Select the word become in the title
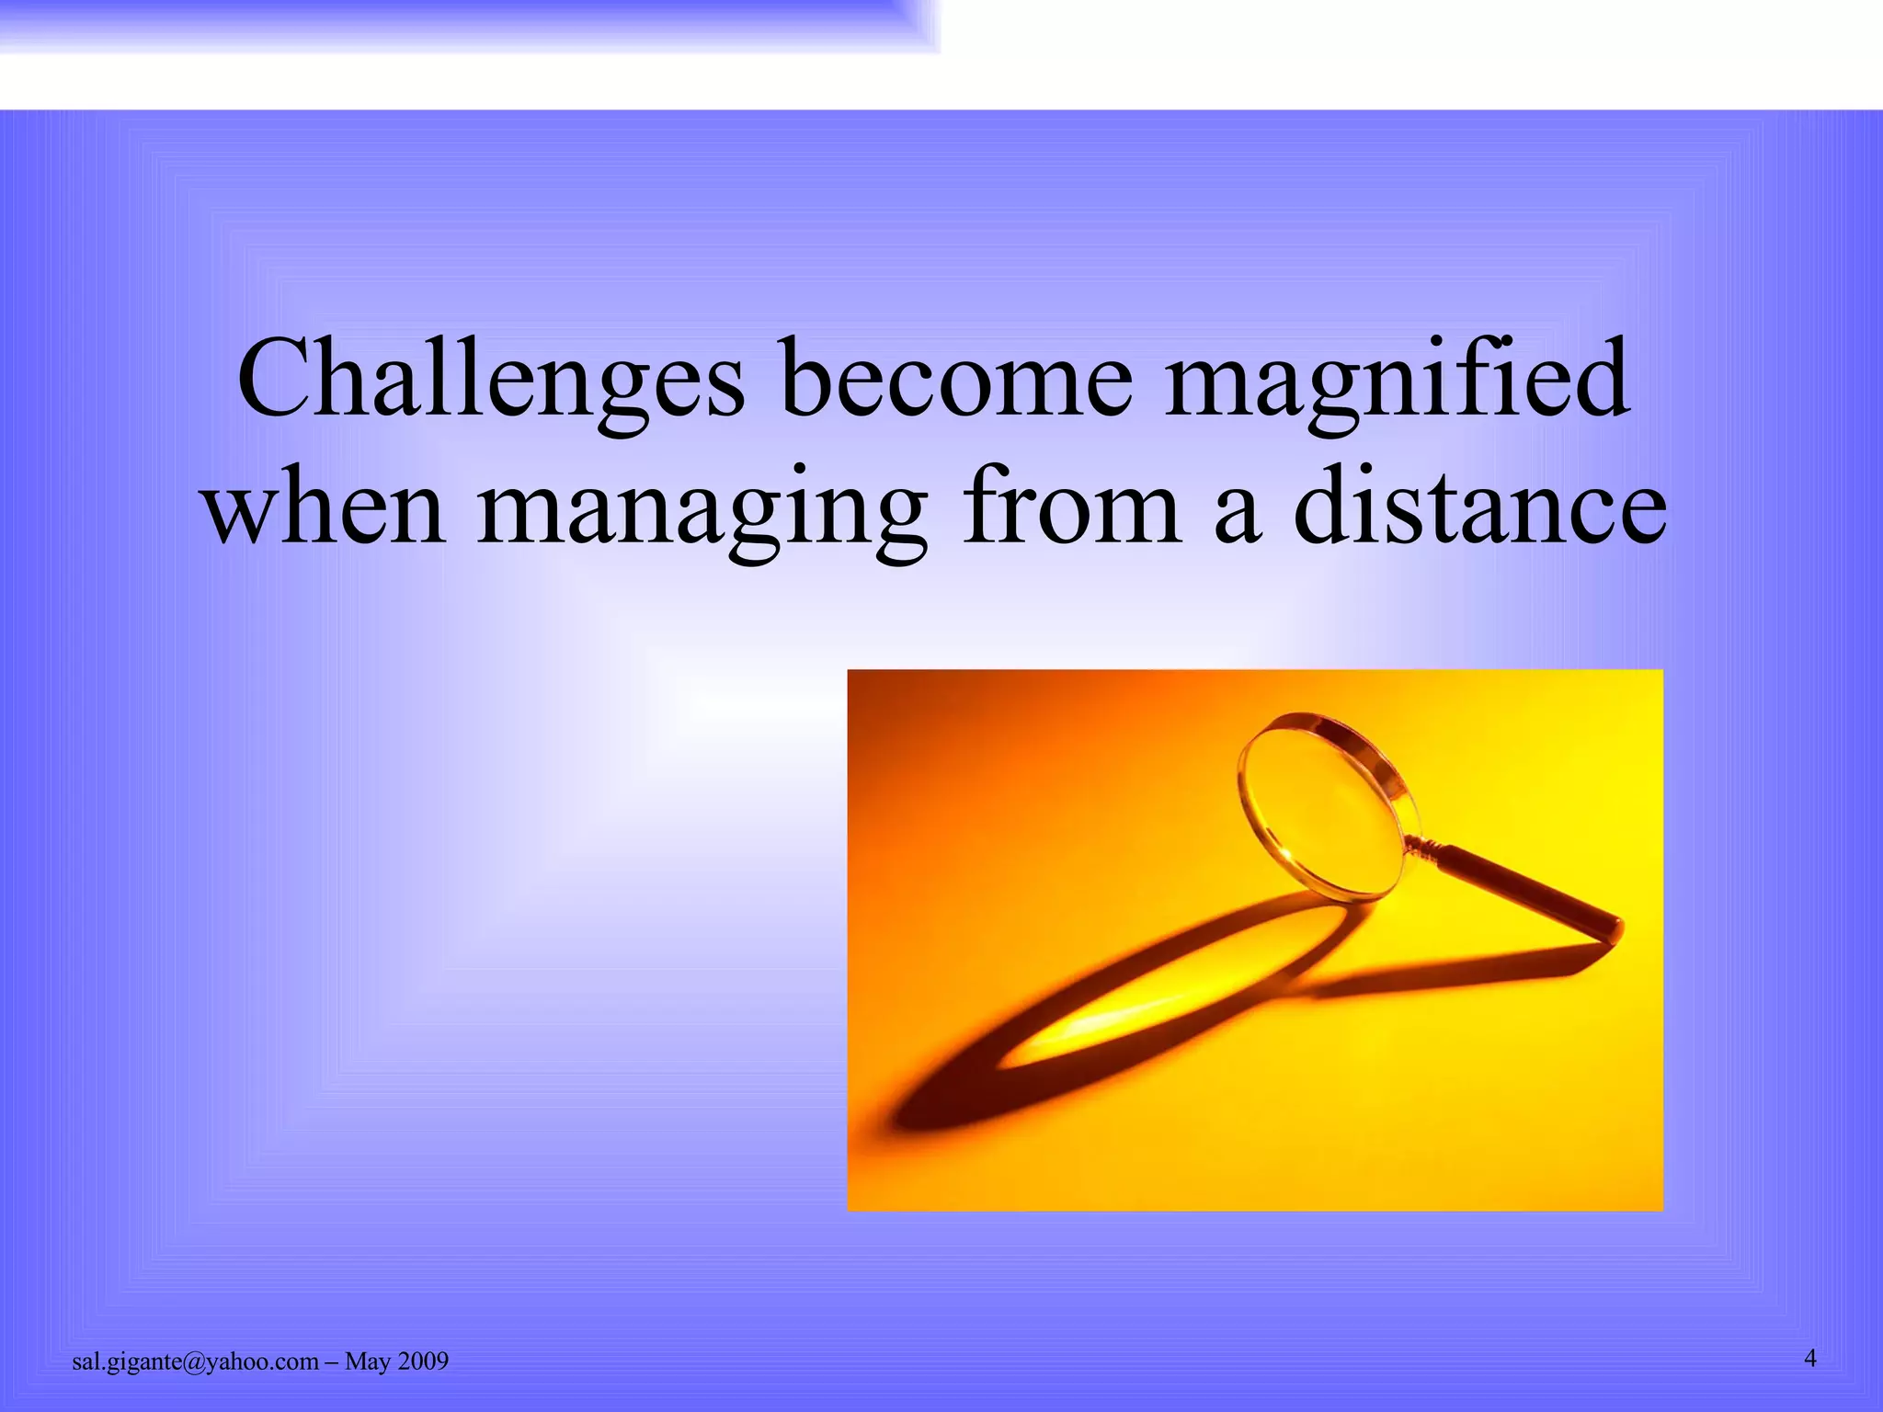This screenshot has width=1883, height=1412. click(956, 379)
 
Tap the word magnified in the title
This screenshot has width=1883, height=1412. click(1398, 379)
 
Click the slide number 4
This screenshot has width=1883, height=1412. click(1810, 1358)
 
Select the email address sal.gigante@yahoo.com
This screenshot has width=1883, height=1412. click(195, 1362)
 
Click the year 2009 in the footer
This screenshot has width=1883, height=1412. click(423, 1362)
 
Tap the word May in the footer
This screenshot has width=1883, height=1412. click(368, 1362)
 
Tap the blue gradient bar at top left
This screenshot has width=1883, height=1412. click(460, 23)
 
